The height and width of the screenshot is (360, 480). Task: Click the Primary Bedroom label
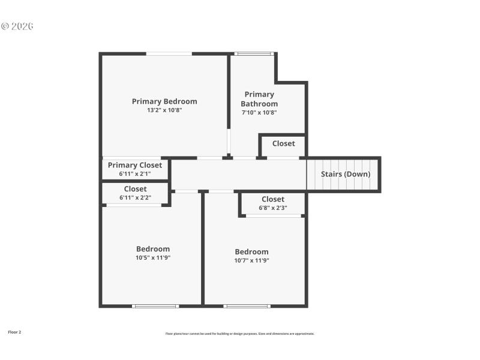point(164,101)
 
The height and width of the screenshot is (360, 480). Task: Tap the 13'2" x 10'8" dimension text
point(164,110)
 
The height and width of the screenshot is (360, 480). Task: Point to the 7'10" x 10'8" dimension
point(259,112)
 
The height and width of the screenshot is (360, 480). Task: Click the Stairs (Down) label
point(346,174)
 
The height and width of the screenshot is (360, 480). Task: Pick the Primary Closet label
point(134,165)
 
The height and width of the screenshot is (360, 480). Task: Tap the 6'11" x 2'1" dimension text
point(134,174)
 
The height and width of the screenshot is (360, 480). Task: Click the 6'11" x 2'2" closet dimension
point(135,197)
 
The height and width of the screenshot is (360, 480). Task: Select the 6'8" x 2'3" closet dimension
point(272,208)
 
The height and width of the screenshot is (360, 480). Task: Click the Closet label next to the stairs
point(283,143)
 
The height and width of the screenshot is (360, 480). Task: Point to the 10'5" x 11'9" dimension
point(152,258)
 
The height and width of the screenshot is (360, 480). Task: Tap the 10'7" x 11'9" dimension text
point(251,260)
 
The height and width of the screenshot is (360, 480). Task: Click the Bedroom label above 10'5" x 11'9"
point(152,249)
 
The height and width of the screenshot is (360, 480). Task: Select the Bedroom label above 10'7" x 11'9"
point(251,251)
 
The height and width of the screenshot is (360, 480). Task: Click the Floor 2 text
point(14,332)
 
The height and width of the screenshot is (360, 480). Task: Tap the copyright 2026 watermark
point(17,26)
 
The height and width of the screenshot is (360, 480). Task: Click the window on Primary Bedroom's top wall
point(169,53)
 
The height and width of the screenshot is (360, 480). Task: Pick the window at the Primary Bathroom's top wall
point(254,53)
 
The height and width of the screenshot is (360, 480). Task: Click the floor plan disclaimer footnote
point(239,334)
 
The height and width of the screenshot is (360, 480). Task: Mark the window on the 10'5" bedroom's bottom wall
point(155,306)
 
